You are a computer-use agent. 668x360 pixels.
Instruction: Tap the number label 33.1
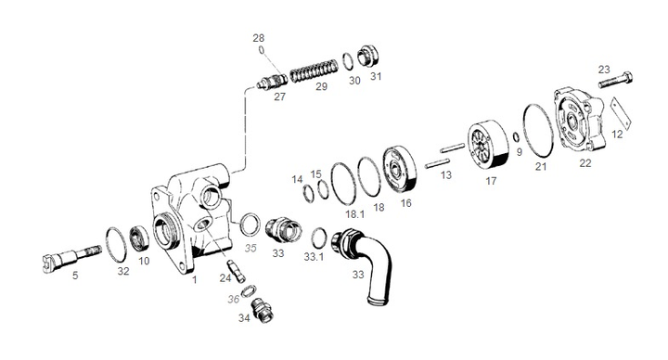click(315, 256)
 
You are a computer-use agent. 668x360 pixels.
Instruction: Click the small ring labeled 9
click(515, 138)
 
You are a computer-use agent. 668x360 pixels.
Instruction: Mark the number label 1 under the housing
click(194, 278)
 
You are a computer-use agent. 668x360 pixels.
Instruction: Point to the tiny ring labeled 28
click(262, 50)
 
